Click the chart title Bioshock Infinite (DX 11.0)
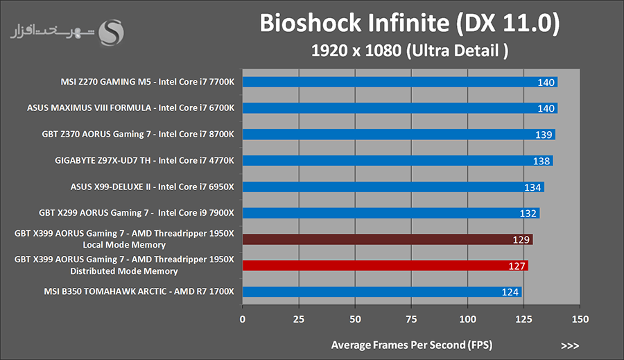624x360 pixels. [x=408, y=24]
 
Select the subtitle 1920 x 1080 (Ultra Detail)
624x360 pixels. [x=408, y=51]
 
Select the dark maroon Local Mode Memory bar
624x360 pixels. [x=387, y=239]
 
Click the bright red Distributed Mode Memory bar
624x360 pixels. [x=385, y=265]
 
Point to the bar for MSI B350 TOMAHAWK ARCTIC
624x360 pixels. [x=381, y=291]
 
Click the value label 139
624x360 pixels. [x=545, y=135]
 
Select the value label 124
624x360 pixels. [x=510, y=292]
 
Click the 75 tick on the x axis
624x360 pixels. [x=411, y=319]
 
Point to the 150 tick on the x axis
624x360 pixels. [x=580, y=319]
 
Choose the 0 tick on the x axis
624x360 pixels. [x=242, y=319]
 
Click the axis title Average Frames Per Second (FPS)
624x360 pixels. [x=411, y=345]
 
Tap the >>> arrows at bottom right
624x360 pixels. [x=569, y=345]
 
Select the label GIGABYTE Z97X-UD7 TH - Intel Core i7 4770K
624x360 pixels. [x=145, y=160]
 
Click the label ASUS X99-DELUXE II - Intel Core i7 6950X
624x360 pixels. [x=153, y=187]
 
